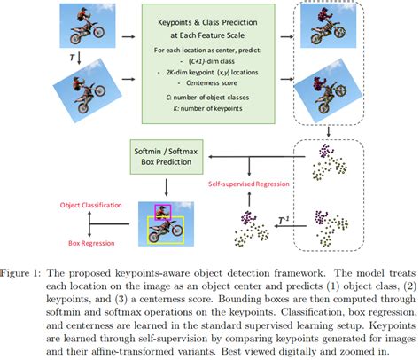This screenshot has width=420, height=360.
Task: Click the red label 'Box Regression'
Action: (92, 240)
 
